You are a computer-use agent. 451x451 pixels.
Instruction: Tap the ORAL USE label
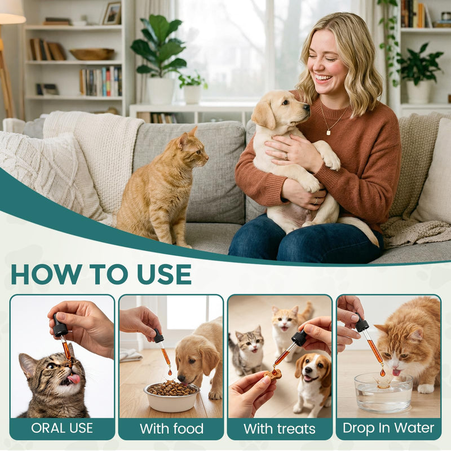62,428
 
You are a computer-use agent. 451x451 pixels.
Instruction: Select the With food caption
171,428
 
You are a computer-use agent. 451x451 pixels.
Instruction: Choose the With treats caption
280,428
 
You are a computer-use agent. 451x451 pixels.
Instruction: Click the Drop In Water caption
388,428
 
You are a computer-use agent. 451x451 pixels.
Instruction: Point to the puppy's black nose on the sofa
307,108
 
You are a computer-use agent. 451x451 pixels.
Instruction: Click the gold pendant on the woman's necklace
329,132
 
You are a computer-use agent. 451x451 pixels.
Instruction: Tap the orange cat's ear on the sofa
192,132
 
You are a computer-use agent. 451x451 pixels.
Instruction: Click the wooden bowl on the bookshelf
92,54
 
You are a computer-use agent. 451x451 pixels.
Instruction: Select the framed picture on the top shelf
112,14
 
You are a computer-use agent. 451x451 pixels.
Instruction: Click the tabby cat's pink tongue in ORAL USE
74,379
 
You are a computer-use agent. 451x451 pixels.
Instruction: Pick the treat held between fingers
272,375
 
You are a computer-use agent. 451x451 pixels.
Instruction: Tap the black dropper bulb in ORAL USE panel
60,325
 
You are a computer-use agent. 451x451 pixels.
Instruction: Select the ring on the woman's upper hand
286,156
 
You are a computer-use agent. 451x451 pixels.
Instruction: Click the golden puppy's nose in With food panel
181,378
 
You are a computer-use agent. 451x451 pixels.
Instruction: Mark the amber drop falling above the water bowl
382,373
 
